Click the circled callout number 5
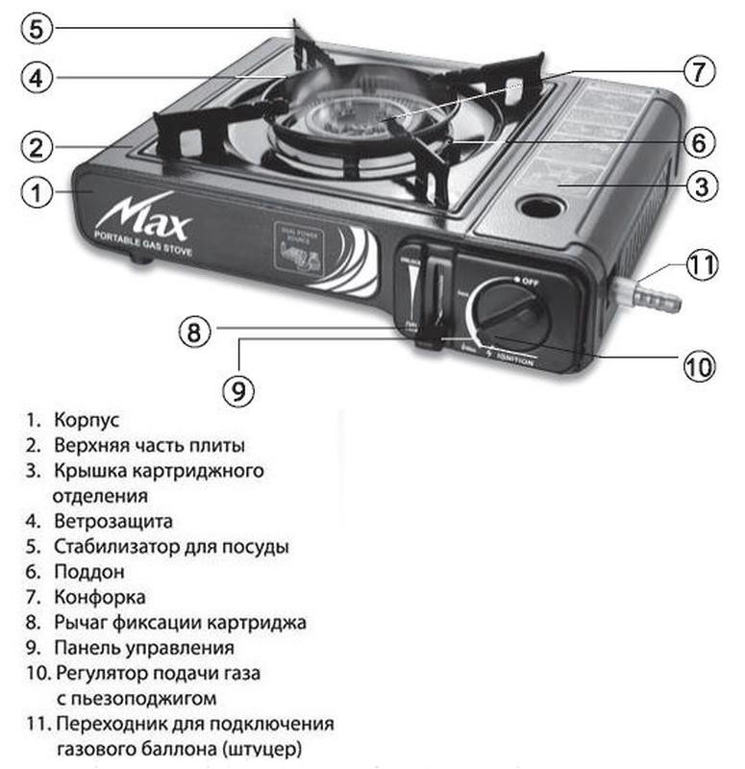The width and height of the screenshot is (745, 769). (x=35, y=28)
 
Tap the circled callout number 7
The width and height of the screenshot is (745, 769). (x=698, y=70)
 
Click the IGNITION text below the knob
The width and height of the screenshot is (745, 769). (x=517, y=360)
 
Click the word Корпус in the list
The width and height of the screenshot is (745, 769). (x=87, y=420)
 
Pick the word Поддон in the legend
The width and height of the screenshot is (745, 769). (x=89, y=571)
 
